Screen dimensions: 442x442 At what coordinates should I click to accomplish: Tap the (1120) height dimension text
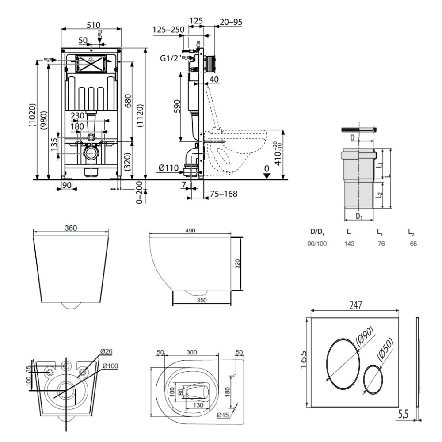point(140,118)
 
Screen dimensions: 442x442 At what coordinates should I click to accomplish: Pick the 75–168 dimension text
point(223,193)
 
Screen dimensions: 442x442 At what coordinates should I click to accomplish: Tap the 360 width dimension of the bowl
point(71,229)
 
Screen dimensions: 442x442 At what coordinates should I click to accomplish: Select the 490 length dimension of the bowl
point(191,230)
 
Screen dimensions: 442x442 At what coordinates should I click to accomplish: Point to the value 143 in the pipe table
point(349,243)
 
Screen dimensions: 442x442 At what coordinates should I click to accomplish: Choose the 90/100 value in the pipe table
point(317,243)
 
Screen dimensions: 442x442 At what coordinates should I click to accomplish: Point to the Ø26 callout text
point(106,351)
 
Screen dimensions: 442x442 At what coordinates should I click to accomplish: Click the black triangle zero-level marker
point(266,175)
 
